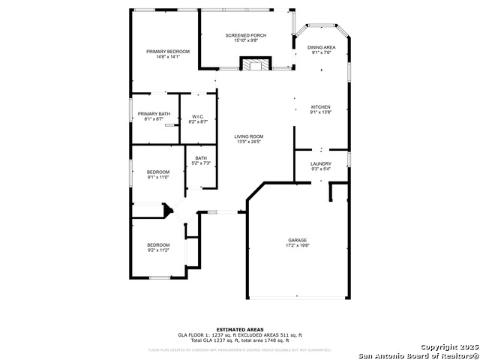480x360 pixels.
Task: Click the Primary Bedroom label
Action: (167, 51)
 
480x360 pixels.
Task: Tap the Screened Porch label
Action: (246, 35)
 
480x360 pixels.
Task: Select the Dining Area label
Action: (322, 47)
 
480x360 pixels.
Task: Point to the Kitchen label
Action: (321, 107)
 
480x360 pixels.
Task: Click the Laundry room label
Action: (321, 163)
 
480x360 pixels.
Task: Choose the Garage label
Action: (298, 240)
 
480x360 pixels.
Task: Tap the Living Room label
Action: (249, 136)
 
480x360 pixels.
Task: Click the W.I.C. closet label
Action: (198, 116)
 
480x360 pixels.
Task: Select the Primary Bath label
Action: (153, 113)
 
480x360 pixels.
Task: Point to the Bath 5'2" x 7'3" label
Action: (201, 158)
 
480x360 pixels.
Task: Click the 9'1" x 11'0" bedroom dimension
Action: (157, 177)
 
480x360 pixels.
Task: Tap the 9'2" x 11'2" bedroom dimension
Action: (158, 250)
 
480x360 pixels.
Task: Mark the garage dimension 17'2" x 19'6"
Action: (298, 245)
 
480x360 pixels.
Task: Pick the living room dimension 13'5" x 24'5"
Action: (249, 142)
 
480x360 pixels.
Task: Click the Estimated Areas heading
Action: (240, 329)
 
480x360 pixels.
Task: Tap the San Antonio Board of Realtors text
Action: (418, 355)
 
